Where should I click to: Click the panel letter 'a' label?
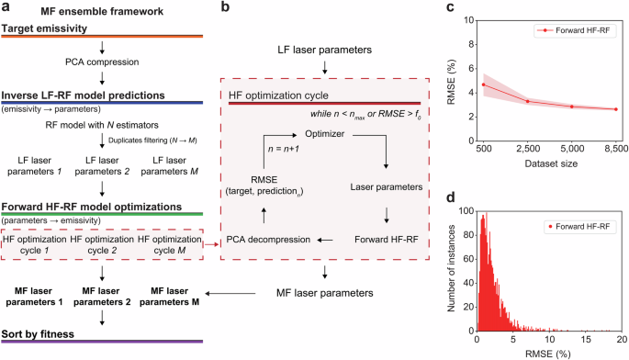tap(6, 9)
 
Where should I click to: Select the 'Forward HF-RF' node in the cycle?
tap(386, 239)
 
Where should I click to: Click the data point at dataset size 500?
tap(483, 84)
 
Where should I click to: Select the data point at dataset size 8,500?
tap(615, 109)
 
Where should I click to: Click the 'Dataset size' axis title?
tap(549, 163)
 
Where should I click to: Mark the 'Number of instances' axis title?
tap(450, 267)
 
